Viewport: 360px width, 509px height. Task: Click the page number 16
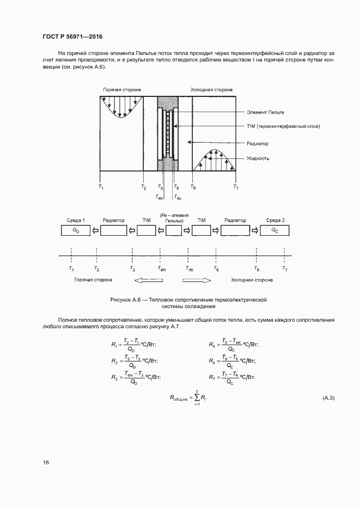(46, 463)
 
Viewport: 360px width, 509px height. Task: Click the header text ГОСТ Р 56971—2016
(72, 36)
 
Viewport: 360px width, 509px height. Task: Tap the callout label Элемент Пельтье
(265, 112)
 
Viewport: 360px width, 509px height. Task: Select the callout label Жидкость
(258, 158)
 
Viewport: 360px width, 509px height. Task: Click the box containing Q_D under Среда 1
(76, 230)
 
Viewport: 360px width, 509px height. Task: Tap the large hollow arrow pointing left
(144, 280)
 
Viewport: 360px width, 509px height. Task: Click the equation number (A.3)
(328, 398)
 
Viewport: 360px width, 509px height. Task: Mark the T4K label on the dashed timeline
(190, 269)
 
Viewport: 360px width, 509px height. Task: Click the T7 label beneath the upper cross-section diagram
(235, 187)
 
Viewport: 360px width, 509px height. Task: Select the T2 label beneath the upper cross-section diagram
(143, 187)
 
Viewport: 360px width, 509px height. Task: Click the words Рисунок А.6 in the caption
(126, 300)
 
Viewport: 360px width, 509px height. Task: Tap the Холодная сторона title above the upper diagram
(211, 89)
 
